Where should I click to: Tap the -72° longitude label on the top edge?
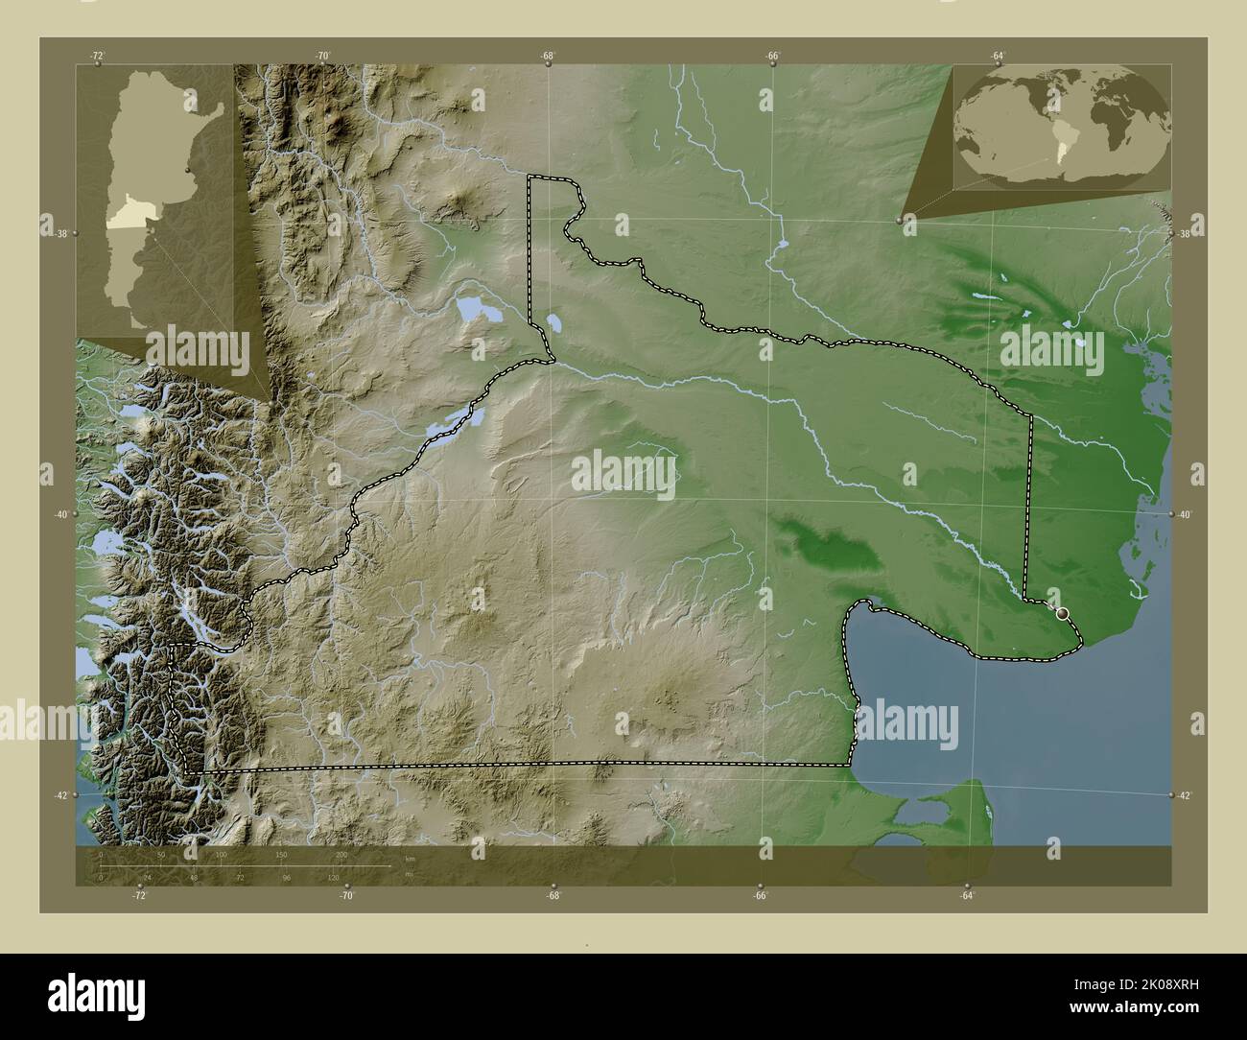click(97, 56)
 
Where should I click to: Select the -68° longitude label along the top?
click(547, 56)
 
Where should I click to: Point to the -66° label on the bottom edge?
click(760, 896)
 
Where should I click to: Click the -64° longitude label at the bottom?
click(966, 896)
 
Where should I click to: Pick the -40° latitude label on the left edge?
click(59, 515)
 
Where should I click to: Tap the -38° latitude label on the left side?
click(59, 234)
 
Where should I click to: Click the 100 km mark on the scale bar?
click(221, 854)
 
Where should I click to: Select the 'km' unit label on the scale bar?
click(410, 859)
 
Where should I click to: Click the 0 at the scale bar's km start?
click(101, 854)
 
